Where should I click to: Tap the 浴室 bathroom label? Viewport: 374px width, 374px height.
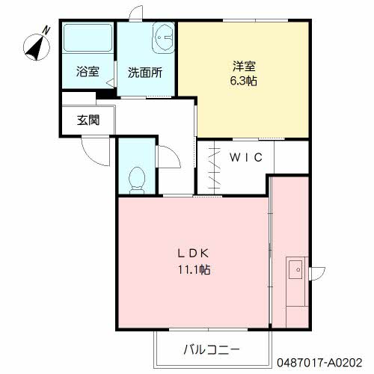point(88,73)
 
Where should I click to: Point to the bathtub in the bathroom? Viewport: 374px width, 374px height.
point(87,40)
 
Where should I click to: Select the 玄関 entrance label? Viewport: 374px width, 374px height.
point(87,119)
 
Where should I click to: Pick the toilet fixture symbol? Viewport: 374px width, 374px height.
point(137,178)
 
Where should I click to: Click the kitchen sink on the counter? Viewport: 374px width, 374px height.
point(294,267)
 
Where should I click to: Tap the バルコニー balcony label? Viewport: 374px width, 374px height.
point(211,349)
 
